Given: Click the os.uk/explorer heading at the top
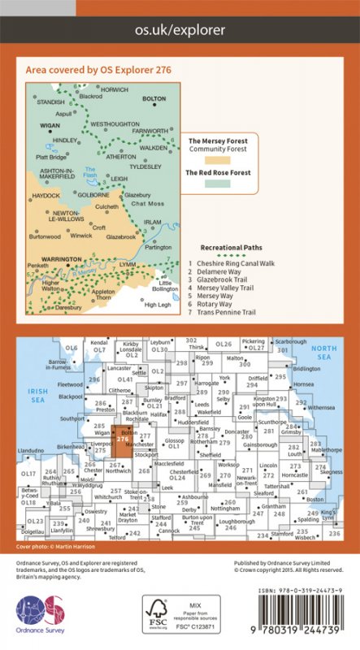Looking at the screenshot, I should coord(180,29).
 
